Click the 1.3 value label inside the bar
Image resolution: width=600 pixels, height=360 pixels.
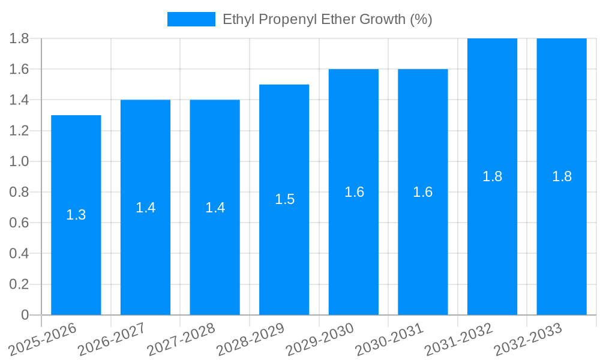coord(76,215)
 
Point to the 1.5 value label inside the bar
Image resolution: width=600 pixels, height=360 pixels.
coord(284,199)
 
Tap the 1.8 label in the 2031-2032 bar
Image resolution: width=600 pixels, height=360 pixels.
coord(492,176)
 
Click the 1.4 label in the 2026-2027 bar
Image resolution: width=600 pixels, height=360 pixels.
coord(145,208)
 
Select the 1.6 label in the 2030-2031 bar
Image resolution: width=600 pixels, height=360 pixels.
coord(423,192)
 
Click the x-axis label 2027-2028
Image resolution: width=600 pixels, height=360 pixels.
coord(181,340)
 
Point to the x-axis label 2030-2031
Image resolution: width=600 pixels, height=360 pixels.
coord(389,340)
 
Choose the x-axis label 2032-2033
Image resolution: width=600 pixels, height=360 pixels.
coord(528,340)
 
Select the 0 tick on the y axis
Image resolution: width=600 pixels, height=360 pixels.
coord(25,315)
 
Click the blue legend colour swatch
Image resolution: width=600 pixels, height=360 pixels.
coord(191,19)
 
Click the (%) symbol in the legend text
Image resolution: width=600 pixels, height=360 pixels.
coord(421,19)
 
